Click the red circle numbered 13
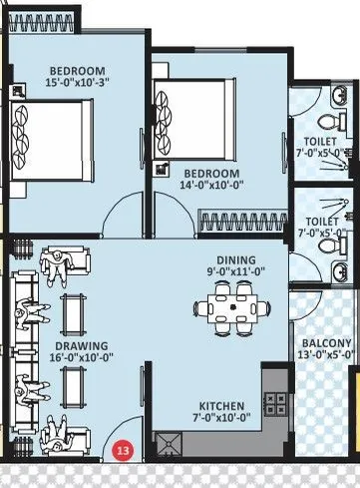coord(124,450)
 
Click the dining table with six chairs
coord(231,306)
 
